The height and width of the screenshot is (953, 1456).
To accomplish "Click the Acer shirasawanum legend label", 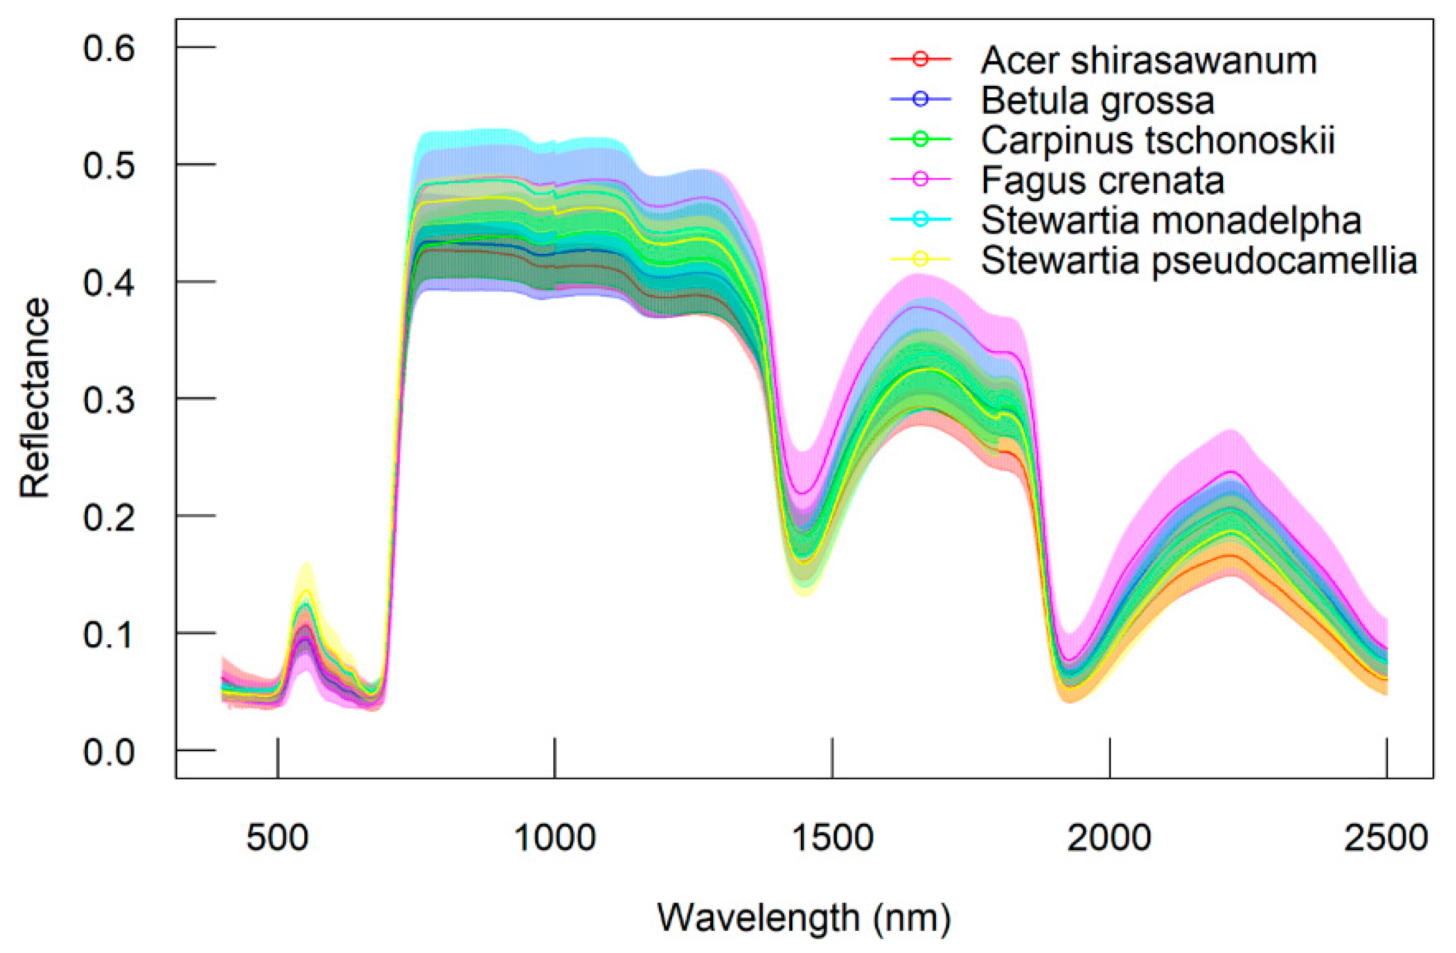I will (x=1149, y=60).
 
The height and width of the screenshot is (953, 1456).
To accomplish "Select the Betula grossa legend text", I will (x=1097, y=100).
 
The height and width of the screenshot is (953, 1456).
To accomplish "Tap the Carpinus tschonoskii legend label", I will (x=1158, y=140).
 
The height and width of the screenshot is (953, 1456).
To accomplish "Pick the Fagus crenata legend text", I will (x=1102, y=180).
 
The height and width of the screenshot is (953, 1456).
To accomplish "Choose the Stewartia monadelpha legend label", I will (x=1171, y=221).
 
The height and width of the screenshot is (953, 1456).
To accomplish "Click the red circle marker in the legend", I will (x=921, y=59).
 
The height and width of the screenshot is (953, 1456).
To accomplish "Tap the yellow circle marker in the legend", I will (x=921, y=259).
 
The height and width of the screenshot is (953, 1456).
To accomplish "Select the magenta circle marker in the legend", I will (x=921, y=179).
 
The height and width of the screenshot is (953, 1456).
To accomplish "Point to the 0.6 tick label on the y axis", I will (x=109, y=48).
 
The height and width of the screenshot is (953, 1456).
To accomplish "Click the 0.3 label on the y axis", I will (x=109, y=400).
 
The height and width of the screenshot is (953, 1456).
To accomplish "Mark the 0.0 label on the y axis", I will (x=109, y=752).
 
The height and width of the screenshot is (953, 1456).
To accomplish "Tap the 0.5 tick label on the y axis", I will (x=109, y=165).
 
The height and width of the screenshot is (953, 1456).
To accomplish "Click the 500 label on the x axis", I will (x=277, y=838).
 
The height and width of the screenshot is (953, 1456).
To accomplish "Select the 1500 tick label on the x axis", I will (x=832, y=838).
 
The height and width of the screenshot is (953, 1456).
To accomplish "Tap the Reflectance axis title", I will (x=35, y=398).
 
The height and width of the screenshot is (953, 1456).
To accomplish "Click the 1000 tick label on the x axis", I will (x=555, y=838).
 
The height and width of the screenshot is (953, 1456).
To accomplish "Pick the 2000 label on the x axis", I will (x=1109, y=838).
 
